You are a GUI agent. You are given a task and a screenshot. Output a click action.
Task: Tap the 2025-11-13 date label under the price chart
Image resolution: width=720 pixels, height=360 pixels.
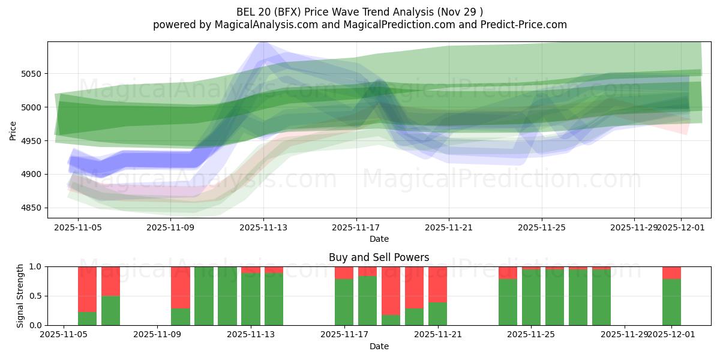pyautogui.click(x=263, y=228)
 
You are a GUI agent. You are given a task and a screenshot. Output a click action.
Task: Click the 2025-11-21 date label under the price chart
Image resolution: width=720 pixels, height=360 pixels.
pyautogui.click(x=449, y=228)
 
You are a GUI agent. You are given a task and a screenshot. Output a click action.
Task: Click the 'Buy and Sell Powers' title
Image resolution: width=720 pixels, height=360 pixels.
pyautogui.click(x=379, y=257)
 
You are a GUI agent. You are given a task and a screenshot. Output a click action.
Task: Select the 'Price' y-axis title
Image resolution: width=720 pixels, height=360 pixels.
pyautogui.click(x=14, y=130)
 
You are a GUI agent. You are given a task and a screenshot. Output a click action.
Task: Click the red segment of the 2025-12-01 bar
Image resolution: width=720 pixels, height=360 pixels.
pyautogui.click(x=671, y=272)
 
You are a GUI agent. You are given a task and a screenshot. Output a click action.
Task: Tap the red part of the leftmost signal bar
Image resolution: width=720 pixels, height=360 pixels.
pyautogui.click(x=87, y=289)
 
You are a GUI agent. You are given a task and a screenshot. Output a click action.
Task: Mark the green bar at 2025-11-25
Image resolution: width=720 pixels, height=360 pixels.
pyautogui.click(x=531, y=297)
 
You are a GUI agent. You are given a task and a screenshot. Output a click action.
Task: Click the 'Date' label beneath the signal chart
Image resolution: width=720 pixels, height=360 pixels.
pyautogui.click(x=379, y=346)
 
